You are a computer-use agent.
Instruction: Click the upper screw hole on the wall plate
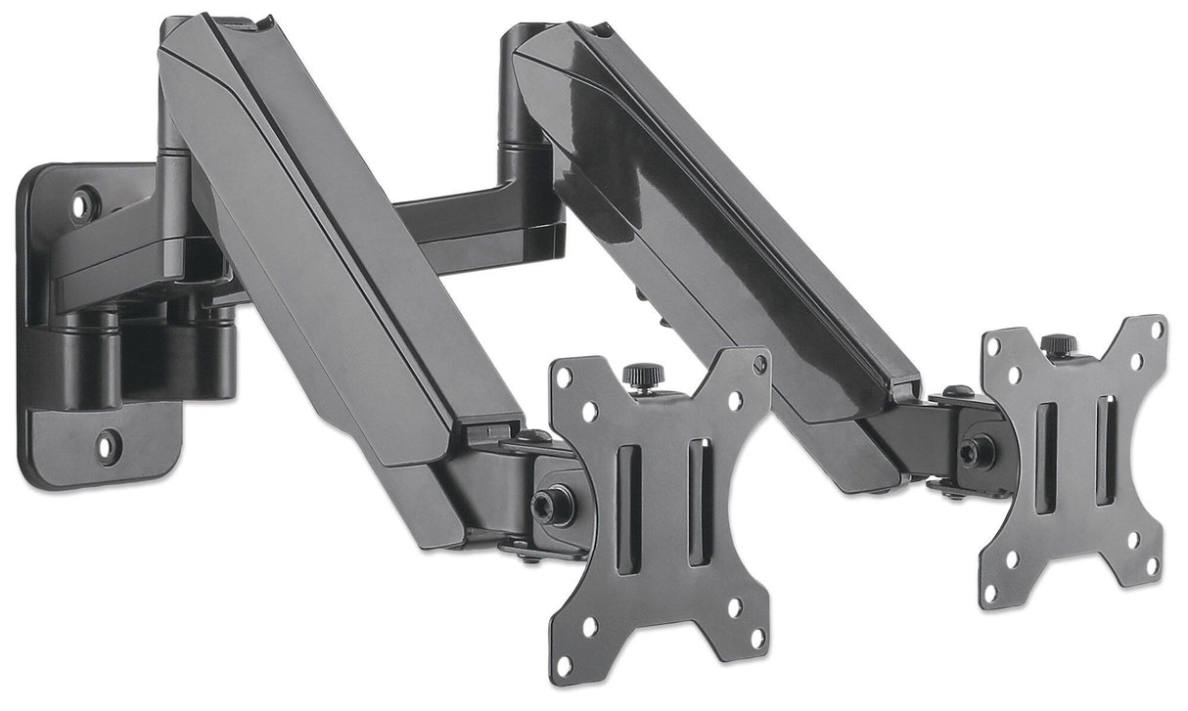[x=82, y=204]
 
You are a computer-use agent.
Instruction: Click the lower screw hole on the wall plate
[x=107, y=446]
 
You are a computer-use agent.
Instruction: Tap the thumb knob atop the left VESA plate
[x=642, y=375]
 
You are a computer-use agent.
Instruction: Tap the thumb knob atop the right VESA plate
[x=1057, y=345]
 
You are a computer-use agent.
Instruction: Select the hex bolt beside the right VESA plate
[x=973, y=451]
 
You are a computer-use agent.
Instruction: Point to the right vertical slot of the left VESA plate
[x=700, y=502]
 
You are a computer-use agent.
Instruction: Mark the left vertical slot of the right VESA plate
[x=1045, y=456]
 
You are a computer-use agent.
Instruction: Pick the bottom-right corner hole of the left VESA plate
[x=756, y=638]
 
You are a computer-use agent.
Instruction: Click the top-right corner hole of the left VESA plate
[x=758, y=365]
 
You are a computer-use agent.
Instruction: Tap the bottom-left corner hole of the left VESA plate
[x=565, y=665]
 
